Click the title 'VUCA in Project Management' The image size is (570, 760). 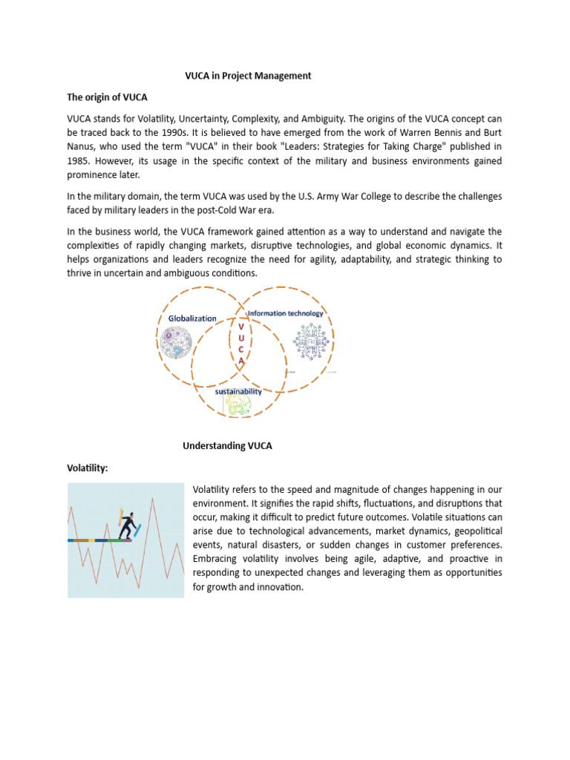[x=248, y=76]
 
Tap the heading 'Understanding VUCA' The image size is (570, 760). [x=227, y=445]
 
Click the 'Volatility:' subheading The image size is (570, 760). [x=88, y=468]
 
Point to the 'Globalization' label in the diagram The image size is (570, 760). [x=192, y=318]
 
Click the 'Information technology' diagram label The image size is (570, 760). [x=285, y=313]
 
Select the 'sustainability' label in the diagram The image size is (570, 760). [x=238, y=391]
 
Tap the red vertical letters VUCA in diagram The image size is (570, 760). [x=241, y=343]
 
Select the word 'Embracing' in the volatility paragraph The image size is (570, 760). [x=216, y=558]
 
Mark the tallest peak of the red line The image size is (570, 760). [x=152, y=498]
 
